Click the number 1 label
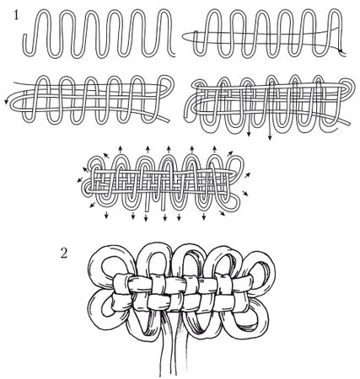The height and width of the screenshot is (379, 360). click(16, 14)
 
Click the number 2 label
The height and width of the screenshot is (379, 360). click(64, 254)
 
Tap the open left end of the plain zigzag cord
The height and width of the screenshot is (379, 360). click(24, 35)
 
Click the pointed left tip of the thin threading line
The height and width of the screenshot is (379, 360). click(184, 36)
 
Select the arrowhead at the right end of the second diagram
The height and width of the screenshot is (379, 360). click(341, 51)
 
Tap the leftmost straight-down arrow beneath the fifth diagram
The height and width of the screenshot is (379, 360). click(106, 215)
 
